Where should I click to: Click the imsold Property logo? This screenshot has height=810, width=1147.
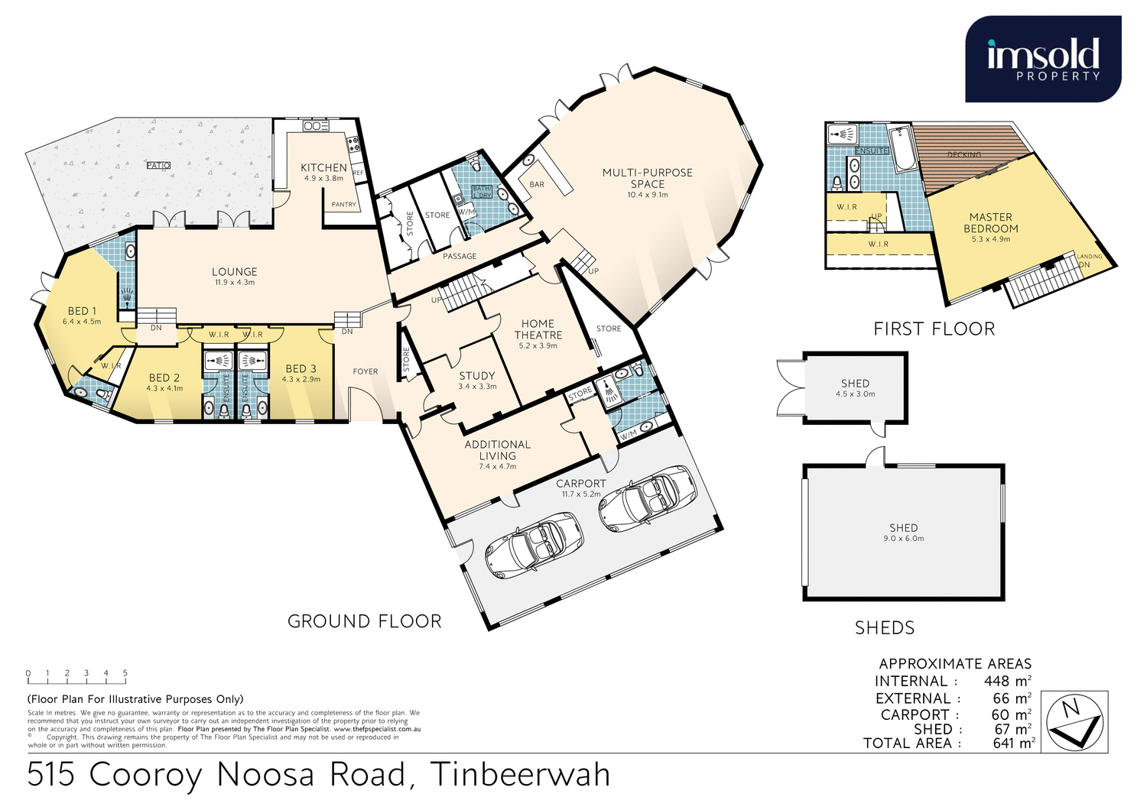click(x=1043, y=59)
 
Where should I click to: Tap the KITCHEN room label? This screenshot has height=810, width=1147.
click(x=323, y=168)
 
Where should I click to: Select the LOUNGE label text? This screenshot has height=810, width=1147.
click(x=234, y=272)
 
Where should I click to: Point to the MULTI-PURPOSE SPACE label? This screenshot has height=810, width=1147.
click(x=647, y=178)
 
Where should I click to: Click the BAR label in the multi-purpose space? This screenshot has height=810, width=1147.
click(x=537, y=184)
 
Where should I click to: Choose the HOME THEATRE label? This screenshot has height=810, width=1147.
click(x=538, y=329)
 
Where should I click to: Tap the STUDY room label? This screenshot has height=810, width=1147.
click(x=476, y=376)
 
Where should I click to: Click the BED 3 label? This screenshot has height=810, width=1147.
click(x=301, y=369)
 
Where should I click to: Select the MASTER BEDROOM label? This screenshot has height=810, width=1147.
click(x=990, y=223)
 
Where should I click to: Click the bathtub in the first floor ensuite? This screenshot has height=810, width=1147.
click(x=905, y=150)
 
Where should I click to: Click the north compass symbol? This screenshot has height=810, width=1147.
click(x=1076, y=721)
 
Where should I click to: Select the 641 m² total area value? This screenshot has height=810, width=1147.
click(x=1013, y=743)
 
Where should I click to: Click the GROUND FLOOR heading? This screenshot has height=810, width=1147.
click(x=364, y=621)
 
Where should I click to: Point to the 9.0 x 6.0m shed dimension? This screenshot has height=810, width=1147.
click(x=903, y=539)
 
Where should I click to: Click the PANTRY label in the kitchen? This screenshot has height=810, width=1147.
click(x=343, y=205)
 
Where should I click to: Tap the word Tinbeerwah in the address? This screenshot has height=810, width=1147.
click(x=521, y=775)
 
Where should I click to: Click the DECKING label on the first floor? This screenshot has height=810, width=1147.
click(x=963, y=155)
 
